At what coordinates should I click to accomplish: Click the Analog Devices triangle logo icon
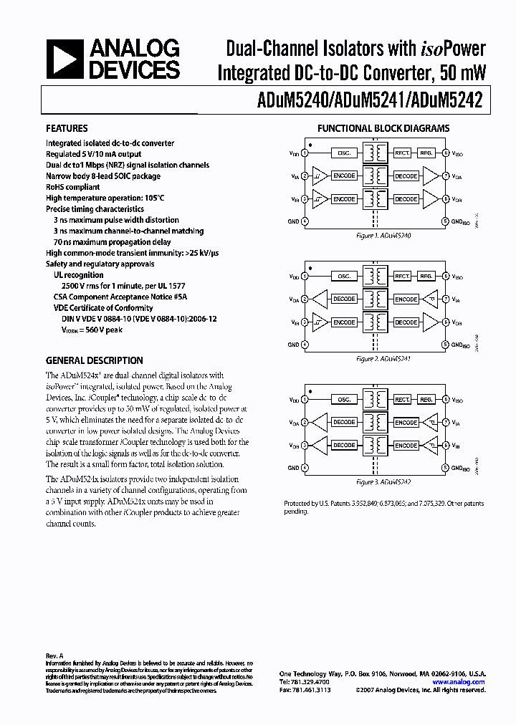click(64, 59)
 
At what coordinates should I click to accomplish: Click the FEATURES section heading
click(67, 129)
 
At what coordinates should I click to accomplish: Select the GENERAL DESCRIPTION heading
click(94, 361)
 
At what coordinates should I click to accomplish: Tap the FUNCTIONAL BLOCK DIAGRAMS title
click(383, 129)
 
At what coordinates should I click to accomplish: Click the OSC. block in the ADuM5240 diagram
click(344, 153)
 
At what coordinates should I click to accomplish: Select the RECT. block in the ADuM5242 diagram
click(402, 400)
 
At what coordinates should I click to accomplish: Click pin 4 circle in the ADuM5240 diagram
click(305, 221)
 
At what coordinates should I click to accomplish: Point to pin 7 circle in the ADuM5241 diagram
click(445, 299)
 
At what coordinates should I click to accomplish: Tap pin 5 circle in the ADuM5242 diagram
click(445, 468)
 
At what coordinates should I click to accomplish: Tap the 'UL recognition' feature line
click(79, 275)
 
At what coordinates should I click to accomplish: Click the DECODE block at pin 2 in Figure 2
click(344, 299)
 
